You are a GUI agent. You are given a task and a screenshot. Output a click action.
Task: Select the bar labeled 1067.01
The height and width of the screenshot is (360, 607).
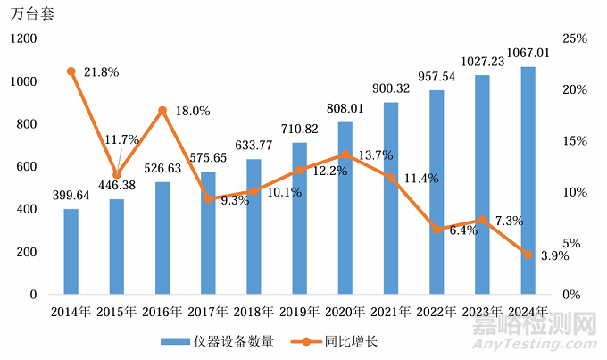point(528,180)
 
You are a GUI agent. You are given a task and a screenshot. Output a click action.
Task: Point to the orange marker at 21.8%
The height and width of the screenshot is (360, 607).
point(71,71)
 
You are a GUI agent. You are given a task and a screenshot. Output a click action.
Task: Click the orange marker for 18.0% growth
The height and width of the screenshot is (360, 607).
point(162,111)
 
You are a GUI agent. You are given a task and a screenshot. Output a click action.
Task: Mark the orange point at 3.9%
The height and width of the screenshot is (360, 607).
point(528,255)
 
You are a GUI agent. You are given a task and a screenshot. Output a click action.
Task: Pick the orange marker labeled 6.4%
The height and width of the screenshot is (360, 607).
point(437,230)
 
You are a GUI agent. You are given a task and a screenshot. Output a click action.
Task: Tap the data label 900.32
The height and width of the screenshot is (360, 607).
point(391,88)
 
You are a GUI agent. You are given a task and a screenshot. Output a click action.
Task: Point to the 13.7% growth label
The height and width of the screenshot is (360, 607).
point(376,156)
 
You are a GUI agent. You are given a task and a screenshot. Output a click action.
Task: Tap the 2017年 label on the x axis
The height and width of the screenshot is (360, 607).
point(207,312)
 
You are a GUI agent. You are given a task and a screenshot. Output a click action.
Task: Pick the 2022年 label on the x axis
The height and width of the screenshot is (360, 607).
point(437,312)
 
